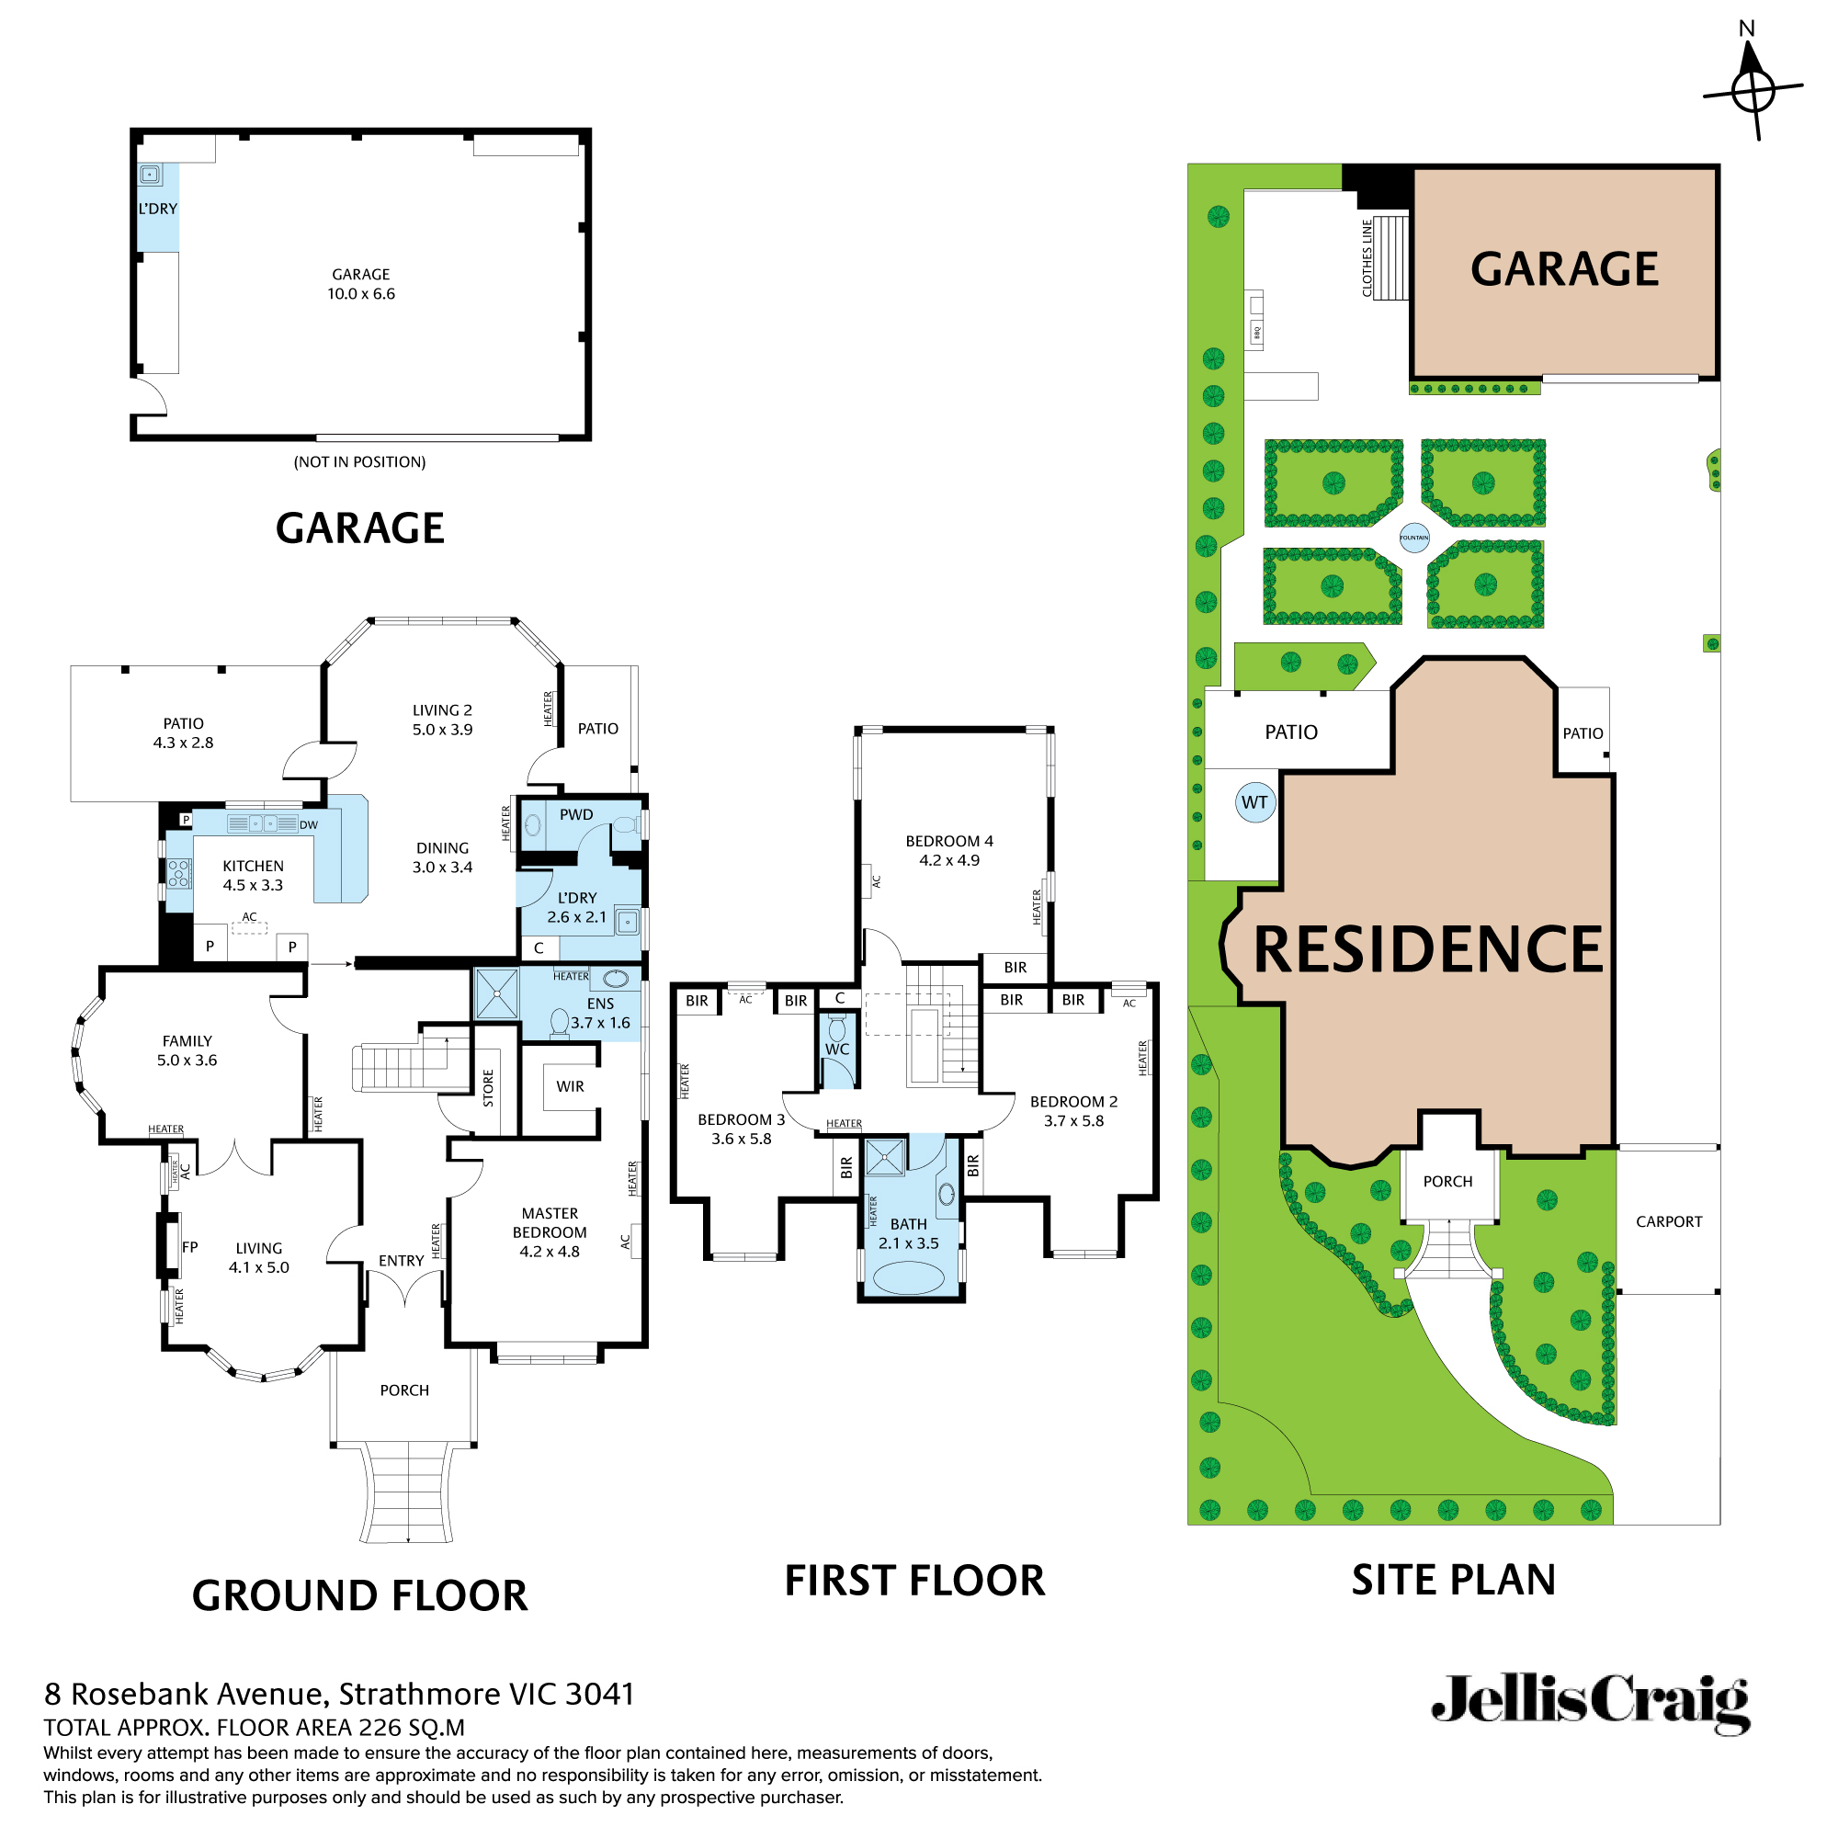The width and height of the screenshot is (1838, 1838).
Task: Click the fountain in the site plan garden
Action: tap(1413, 538)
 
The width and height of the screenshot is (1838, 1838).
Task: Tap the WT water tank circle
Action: tap(1254, 802)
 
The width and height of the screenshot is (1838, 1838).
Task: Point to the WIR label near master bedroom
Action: tap(570, 1086)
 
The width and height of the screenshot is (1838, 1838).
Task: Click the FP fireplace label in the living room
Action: tap(189, 1247)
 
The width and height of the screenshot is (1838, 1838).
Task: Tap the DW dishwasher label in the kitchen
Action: tap(308, 825)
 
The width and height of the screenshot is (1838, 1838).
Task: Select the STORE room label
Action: tap(488, 1088)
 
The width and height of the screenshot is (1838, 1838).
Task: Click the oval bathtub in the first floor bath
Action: tap(908, 1277)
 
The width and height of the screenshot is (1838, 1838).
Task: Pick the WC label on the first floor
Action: tap(837, 1049)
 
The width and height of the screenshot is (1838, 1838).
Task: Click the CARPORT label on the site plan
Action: tap(1669, 1221)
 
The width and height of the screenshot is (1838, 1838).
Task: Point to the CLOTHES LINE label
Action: tap(1367, 258)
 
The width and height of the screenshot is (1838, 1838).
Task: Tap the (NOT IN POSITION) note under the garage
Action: tap(359, 461)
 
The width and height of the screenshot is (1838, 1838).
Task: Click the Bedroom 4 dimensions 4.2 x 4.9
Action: tap(948, 860)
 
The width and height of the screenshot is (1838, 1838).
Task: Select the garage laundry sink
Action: tap(151, 174)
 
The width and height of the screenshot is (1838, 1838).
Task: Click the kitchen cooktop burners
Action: tap(178, 872)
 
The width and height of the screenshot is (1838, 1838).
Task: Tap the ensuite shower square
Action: tap(496, 993)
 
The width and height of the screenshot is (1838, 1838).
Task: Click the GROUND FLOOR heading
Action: tap(359, 1595)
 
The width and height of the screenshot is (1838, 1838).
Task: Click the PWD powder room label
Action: tap(575, 814)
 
